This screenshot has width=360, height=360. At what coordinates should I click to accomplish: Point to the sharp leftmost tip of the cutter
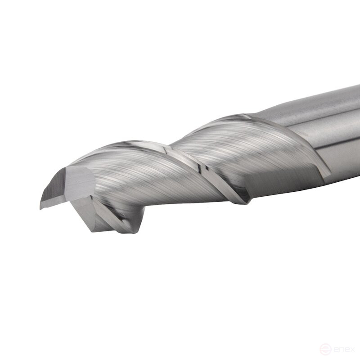tap(40, 208)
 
